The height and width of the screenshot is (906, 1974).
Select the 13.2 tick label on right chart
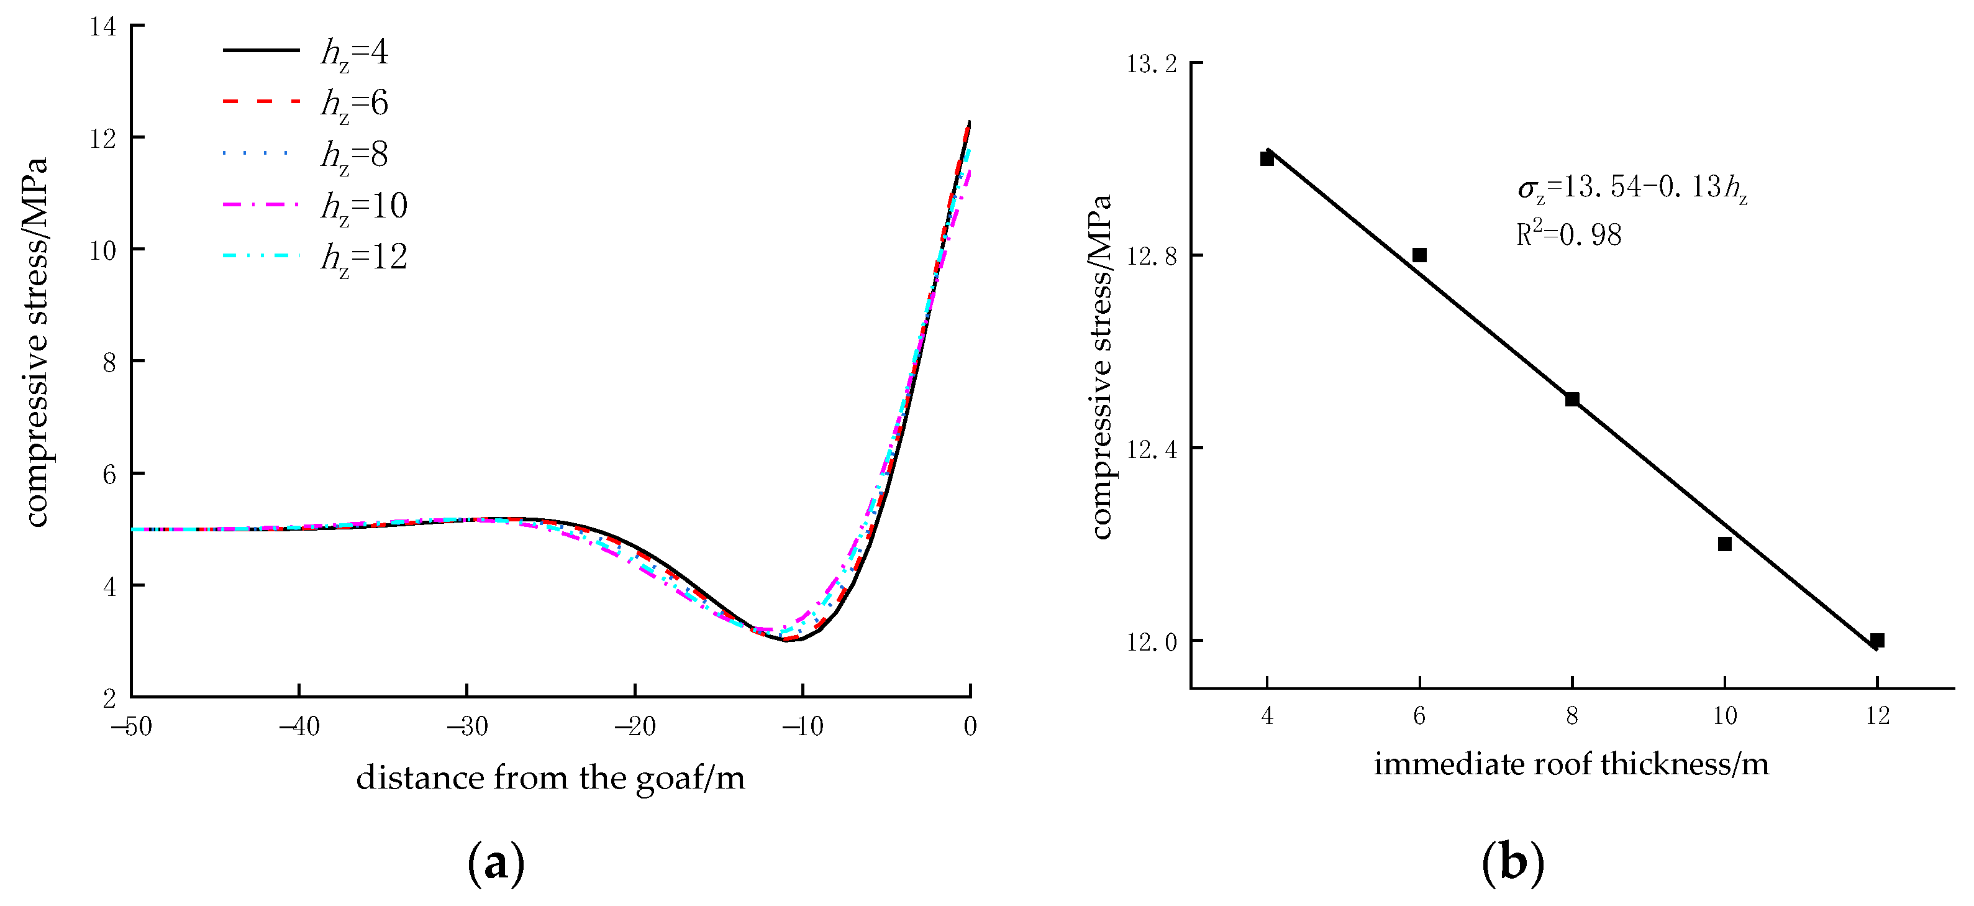pyautogui.click(x=1151, y=63)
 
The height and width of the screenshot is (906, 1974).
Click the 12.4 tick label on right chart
pyautogui.click(x=1151, y=449)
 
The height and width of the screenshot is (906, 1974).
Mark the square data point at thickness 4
pyautogui.click(x=1267, y=158)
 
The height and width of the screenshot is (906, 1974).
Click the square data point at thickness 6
pyautogui.click(x=1419, y=255)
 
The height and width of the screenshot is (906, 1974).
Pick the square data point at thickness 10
pyautogui.click(x=1725, y=544)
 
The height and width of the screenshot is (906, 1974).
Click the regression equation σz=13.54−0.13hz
pyautogui.click(x=1632, y=188)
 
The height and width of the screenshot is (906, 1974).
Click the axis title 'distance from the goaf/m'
pyautogui.click(x=550, y=779)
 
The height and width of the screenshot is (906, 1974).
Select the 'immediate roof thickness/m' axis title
pyautogui.click(x=1571, y=765)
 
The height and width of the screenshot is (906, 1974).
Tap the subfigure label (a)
pyautogui.click(x=496, y=864)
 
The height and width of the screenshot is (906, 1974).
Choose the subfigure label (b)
pyautogui.click(x=1512, y=864)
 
